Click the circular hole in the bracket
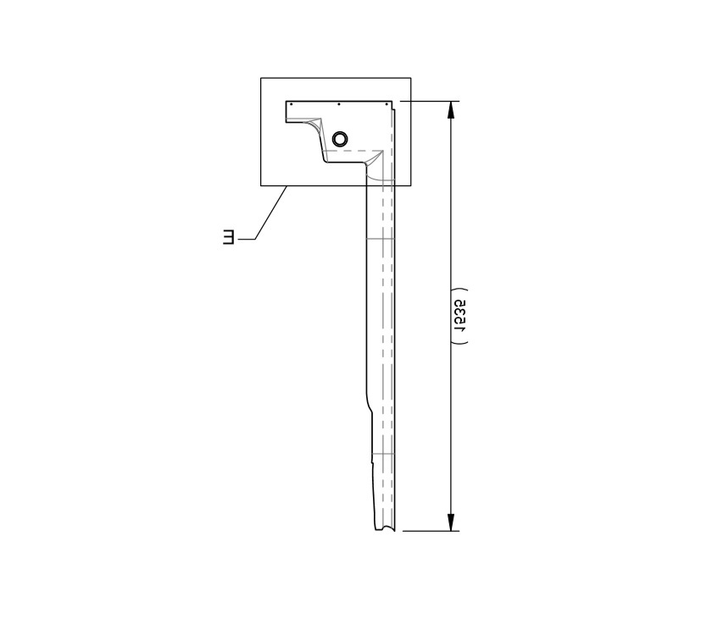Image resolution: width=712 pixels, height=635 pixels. click(340, 138)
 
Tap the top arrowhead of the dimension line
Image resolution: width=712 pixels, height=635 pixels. click(452, 109)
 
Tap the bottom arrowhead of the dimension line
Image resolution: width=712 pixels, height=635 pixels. click(452, 522)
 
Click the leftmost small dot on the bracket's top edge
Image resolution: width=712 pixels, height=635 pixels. click(291, 104)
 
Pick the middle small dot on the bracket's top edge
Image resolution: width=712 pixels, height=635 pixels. click(339, 104)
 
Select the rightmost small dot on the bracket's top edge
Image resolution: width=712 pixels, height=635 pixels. click(387, 104)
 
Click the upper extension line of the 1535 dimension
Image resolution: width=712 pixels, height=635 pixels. click(428, 102)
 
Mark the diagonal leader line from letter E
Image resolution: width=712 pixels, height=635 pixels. click(270, 214)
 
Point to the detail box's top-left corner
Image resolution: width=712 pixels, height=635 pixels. click(261, 79)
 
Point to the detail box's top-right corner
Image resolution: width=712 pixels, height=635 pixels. click(411, 79)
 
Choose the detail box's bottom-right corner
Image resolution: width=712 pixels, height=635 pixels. click(411, 185)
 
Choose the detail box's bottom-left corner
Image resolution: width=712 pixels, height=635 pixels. click(261, 185)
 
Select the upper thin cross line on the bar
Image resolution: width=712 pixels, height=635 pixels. click(380, 240)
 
